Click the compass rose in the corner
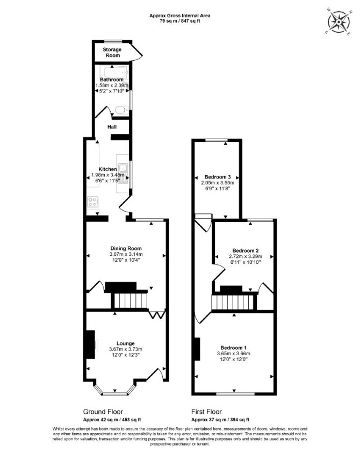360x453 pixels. click(x=339, y=21)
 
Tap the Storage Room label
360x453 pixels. click(x=112, y=52)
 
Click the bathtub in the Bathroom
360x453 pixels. click(x=113, y=71)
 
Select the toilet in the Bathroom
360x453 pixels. click(x=122, y=110)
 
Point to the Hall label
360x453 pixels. click(x=112, y=127)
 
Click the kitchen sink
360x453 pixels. click(x=123, y=173)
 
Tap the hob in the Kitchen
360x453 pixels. click(x=93, y=202)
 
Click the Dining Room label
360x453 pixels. click(x=126, y=248)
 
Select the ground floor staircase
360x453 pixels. click(x=131, y=300)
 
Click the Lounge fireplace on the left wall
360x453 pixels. click(x=90, y=344)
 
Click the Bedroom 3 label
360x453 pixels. click(x=217, y=177)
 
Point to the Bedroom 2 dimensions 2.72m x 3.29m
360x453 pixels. click(x=246, y=256)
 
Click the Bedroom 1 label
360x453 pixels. click(x=233, y=348)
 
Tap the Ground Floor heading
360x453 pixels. click(x=103, y=412)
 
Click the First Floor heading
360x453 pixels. click(x=206, y=412)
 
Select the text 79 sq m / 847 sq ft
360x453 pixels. click(x=179, y=21)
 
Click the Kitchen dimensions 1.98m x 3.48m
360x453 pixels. click(x=108, y=175)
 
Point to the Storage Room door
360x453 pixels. click(x=137, y=52)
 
